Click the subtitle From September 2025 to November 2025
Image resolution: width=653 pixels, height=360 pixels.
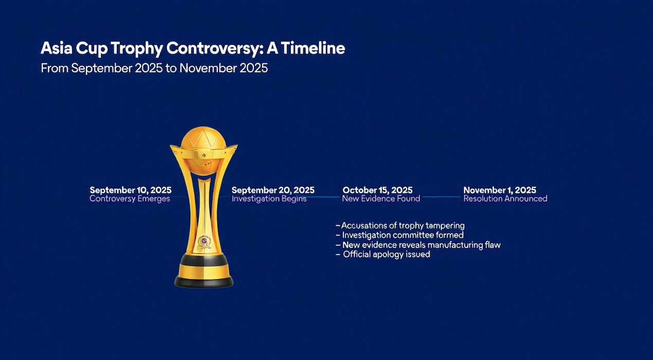(154, 68)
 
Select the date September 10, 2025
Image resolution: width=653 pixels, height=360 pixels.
(131, 190)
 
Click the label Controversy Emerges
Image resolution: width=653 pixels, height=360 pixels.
(130, 199)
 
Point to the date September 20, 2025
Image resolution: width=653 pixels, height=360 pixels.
(273, 190)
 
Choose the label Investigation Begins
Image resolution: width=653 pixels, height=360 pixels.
(269, 199)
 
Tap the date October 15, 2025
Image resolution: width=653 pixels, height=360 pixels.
(377, 190)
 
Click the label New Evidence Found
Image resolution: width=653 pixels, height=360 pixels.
(381, 199)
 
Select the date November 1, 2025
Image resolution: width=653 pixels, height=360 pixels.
(500, 190)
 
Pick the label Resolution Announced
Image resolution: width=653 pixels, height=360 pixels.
(505, 199)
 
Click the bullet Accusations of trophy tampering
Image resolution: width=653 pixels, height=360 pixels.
(400, 226)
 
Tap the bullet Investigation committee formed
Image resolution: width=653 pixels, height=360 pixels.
(400, 235)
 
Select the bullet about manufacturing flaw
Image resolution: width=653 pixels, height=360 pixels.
(419, 245)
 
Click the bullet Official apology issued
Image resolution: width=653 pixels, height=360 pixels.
(383, 255)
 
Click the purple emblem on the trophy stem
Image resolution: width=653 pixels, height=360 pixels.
(204, 242)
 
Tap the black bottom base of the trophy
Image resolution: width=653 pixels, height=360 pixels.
(204, 282)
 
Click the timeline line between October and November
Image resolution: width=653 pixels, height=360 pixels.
(442, 197)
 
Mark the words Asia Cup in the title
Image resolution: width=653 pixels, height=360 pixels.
(73, 48)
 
